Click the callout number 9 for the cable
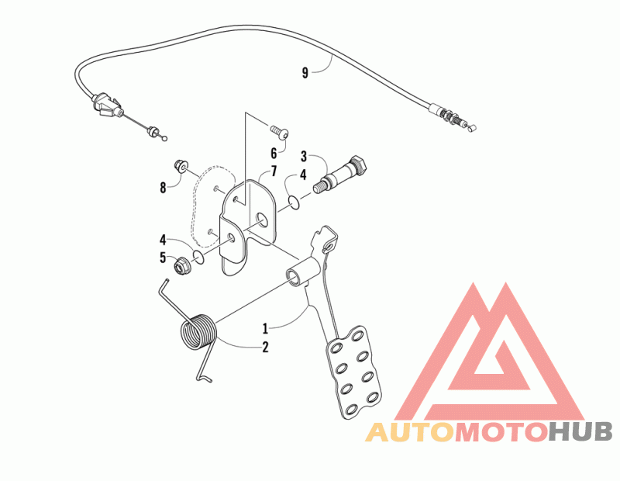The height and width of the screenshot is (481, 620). tap(305, 73)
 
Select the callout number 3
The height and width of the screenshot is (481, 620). tap(304, 155)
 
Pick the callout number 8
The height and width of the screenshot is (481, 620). tap(163, 187)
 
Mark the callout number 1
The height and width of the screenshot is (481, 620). tap(264, 327)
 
